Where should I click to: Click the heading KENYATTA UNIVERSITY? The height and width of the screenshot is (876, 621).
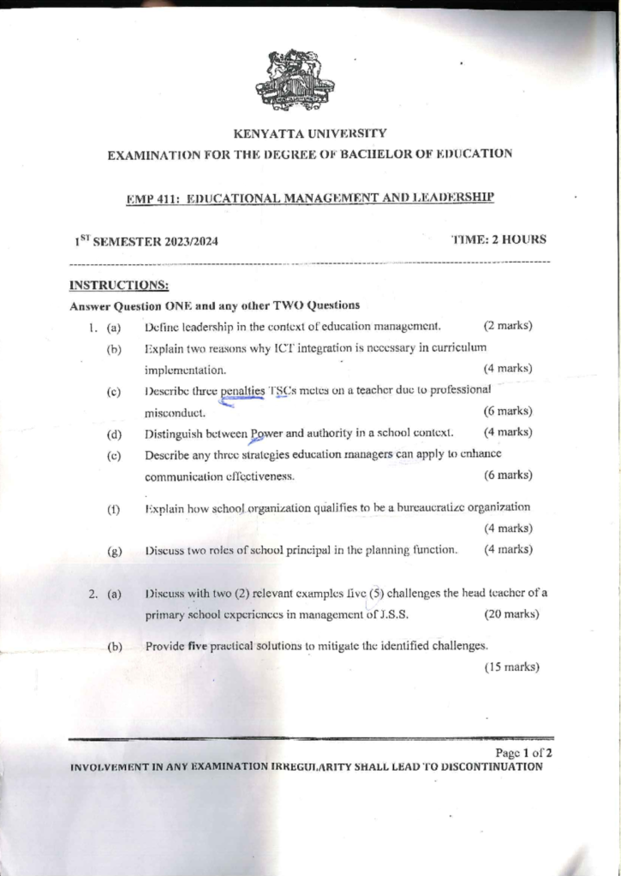(309, 133)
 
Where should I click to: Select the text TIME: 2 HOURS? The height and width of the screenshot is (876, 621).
(499, 240)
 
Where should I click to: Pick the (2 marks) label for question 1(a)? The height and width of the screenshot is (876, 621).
(508, 326)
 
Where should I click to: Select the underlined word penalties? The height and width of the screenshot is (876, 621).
(242, 390)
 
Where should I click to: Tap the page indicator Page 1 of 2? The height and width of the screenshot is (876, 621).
(524, 753)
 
